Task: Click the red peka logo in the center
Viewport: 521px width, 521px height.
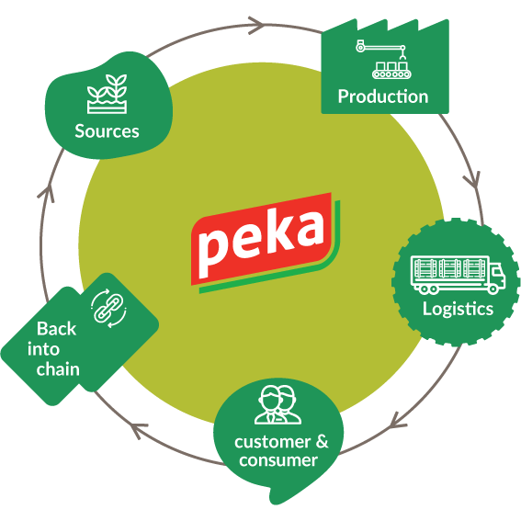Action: (266, 243)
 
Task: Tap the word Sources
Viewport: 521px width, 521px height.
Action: (107, 131)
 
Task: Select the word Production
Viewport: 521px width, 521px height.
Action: (383, 96)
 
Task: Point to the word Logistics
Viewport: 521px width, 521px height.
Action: (458, 309)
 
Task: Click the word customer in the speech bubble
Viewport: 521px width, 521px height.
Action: (273, 442)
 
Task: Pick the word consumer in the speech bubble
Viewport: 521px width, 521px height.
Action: (278, 460)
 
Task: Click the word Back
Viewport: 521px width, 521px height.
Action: (56, 329)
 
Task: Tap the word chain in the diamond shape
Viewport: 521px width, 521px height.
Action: (58, 369)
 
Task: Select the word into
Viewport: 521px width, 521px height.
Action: (43, 349)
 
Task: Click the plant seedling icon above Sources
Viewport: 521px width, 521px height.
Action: (107, 94)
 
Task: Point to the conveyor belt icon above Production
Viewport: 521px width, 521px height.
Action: (385, 59)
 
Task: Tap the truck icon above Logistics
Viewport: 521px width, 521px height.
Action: (458, 275)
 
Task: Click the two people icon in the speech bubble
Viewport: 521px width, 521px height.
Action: (277, 404)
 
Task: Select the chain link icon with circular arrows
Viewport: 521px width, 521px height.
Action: (108, 308)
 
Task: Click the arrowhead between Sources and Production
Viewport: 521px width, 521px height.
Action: (256, 25)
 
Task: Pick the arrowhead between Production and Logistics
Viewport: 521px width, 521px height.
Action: (473, 180)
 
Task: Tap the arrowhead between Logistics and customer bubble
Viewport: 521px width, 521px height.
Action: (397, 422)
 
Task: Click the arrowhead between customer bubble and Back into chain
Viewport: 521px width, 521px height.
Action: (138, 430)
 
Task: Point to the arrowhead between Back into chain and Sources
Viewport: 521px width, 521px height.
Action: (47, 194)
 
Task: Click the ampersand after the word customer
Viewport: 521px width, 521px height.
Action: (322, 442)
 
